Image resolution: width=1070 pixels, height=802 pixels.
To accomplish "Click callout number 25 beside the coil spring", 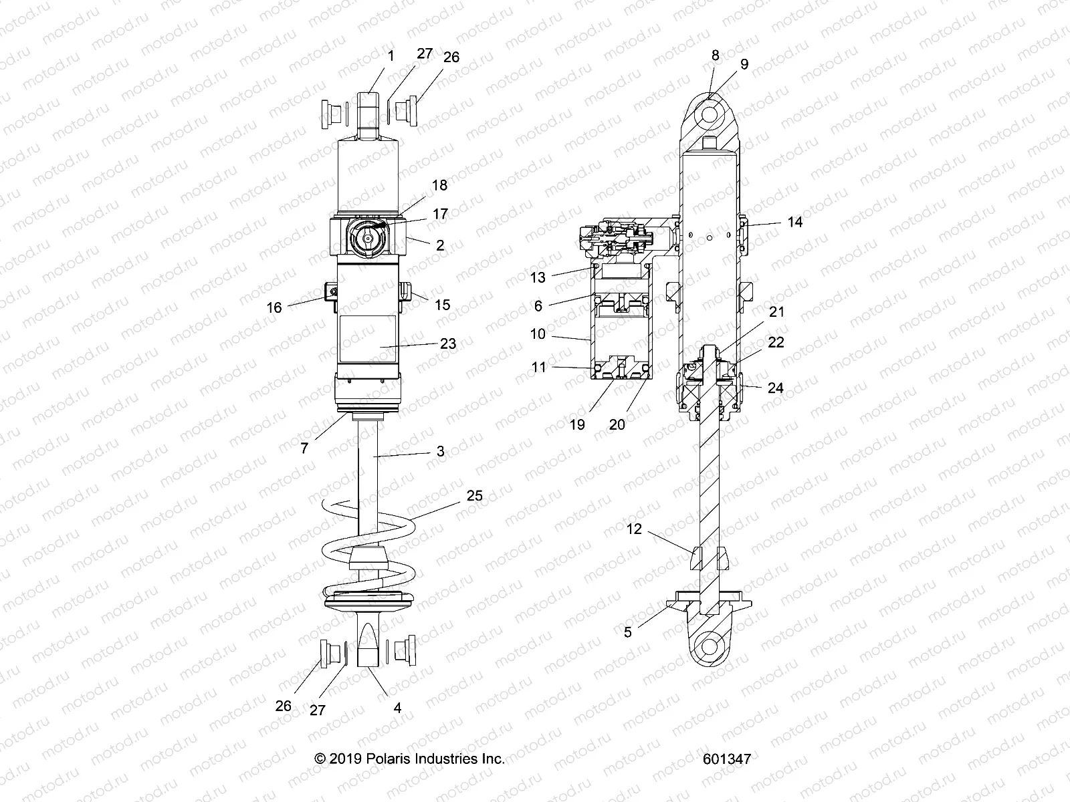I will pyautogui.click(x=493, y=496).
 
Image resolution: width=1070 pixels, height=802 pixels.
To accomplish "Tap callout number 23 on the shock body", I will pyautogui.click(x=448, y=343).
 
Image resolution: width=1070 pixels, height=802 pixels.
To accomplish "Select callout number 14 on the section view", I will pyautogui.click(x=794, y=222).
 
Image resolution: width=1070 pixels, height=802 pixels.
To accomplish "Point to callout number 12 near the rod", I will pyautogui.click(x=634, y=529).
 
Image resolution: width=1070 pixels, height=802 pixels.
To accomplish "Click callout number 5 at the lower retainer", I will pyautogui.click(x=627, y=632).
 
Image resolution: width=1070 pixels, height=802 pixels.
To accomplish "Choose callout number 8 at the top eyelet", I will pyautogui.click(x=715, y=55).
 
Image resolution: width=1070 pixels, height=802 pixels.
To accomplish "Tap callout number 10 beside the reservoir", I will pyautogui.click(x=538, y=333).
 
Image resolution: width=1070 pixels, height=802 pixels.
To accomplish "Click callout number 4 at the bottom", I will pyautogui.click(x=397, y=707).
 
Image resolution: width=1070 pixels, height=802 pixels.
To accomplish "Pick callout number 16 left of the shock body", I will pyautogui.click(x=274, y=307).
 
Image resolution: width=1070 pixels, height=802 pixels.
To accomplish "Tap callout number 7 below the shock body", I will pyautogui.click(x=304, y=448).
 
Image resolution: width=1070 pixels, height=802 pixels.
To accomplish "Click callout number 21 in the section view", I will pyautogui.click(x=776, y=311).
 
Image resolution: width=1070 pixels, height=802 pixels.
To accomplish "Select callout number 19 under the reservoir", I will pyautogui.click(x=576, y=424).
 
